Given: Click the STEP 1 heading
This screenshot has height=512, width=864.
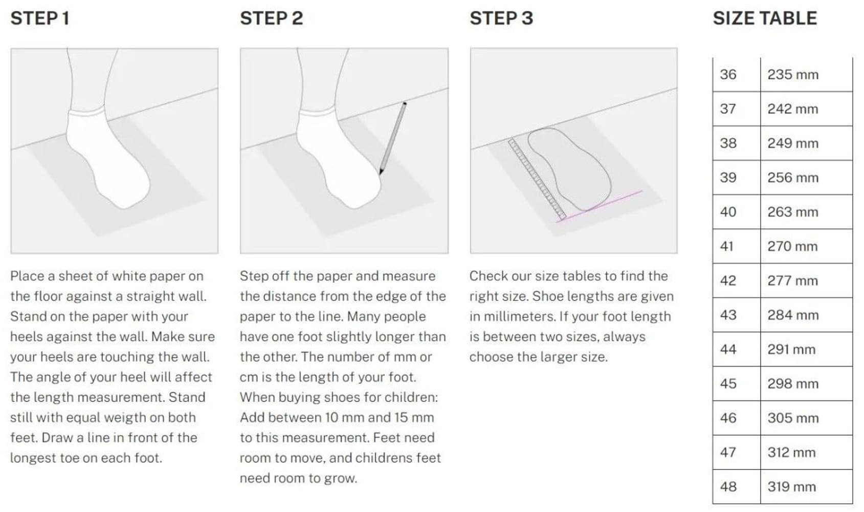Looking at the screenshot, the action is click(x=40, y=18).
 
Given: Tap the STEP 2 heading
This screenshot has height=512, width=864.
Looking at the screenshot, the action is click(x=272, y=18).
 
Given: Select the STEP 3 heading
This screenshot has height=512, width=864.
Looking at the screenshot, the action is click(x=501, y=18).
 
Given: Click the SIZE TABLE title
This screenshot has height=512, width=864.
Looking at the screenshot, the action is click(x=765, y=18).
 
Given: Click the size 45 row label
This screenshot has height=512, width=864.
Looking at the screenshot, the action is click(x=728, y=384).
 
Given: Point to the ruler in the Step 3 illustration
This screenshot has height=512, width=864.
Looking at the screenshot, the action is click(x=537, y=180).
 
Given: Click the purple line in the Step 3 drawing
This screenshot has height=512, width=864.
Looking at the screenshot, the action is click(x=599, y=206).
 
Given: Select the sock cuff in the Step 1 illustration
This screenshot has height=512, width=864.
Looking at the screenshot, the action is click(x=86, y=112).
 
